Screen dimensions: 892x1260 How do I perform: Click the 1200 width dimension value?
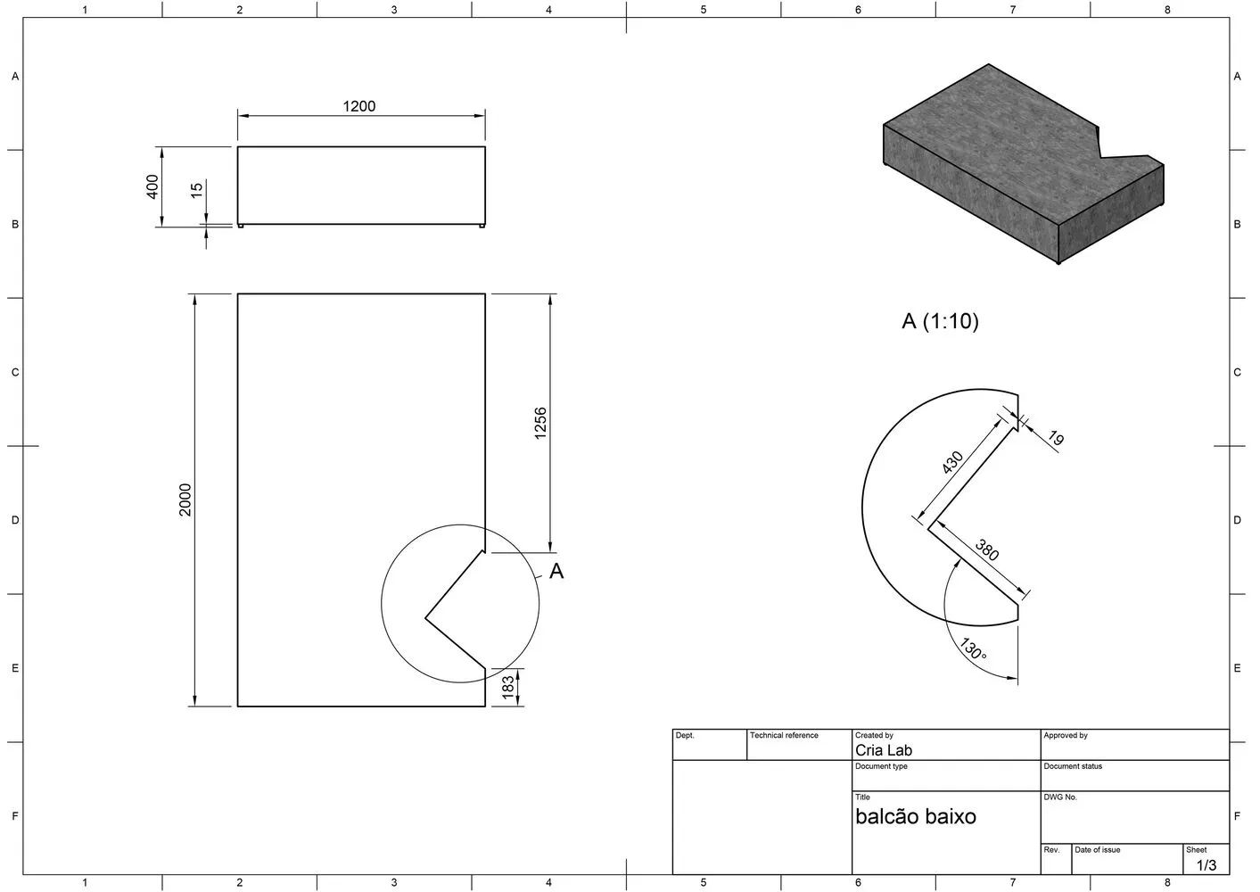point(359,106)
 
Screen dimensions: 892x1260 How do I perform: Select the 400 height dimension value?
point(152,186)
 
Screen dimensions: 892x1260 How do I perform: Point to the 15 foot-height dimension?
point(197,189)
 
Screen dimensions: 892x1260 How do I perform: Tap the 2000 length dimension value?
point(185,500)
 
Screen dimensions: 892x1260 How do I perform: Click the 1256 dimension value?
point(539,424)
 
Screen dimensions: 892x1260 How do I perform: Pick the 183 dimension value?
point(508,687)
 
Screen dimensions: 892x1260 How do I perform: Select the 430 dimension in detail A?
point(952,463)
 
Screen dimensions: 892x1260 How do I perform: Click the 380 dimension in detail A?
point(987,550)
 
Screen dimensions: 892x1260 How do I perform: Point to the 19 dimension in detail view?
point(1056,438)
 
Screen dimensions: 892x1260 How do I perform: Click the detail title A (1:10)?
point(940,321)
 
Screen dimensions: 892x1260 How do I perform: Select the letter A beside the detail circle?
point(556,572)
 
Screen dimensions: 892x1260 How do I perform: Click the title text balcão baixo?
point(916,816)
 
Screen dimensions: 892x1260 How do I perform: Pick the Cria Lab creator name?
point(884,750)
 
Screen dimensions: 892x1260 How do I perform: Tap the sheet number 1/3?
point(1206,865)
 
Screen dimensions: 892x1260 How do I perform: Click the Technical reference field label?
point(784,736)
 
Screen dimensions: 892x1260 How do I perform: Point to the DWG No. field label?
point(1060,797)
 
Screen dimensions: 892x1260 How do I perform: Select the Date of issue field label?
point(1097,850)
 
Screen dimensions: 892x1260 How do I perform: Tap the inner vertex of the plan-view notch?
point(425,617)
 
